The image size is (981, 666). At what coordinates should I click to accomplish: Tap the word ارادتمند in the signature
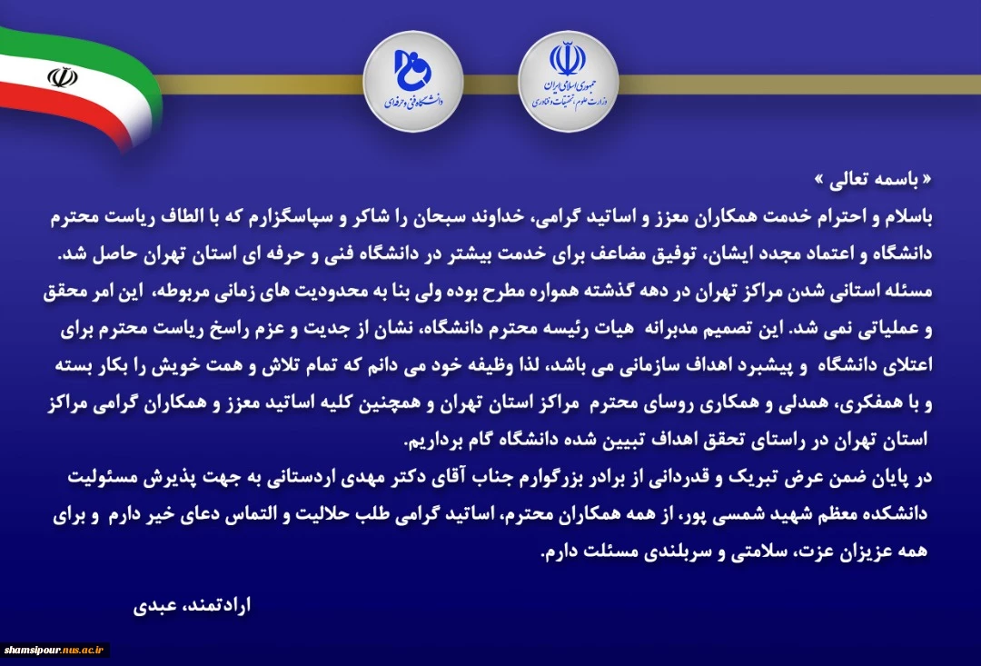tap(216, 605)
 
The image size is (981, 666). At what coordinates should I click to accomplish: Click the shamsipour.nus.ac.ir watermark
tap(54, 651)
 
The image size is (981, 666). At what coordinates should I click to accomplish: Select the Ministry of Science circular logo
tap(568, 82)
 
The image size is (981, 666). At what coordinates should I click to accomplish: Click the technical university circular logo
tap(413, 82)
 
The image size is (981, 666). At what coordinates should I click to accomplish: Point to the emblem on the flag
tap(63, 77)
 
